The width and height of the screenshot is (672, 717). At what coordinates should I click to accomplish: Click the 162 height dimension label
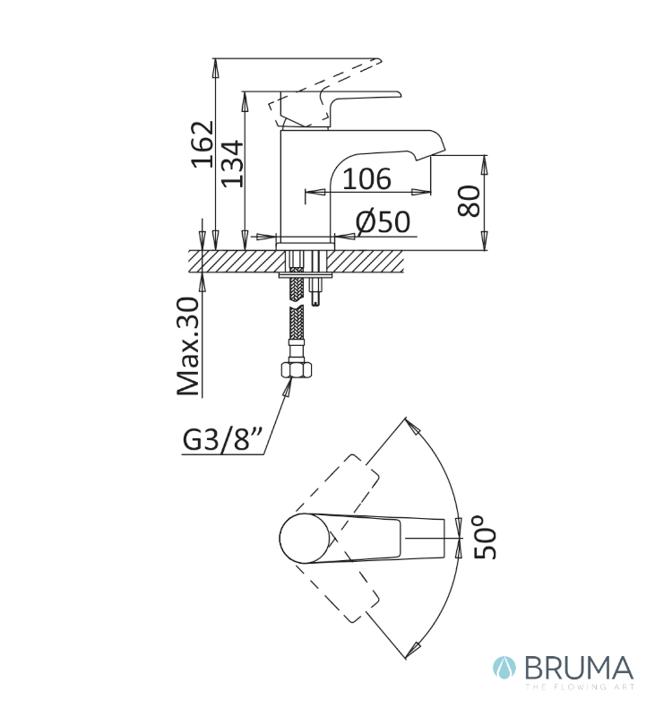tap(202, 144)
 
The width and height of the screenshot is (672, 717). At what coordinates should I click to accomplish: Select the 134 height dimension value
tap(232, 164)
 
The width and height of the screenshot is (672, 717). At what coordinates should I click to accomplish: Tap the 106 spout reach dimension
tap(366, 178)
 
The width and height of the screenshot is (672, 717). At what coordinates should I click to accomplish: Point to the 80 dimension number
tap(469, 201)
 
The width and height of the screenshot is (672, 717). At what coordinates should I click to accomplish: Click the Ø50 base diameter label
tap(383, 222)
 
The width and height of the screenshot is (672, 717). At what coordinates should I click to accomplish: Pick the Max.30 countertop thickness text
tap(188, 347)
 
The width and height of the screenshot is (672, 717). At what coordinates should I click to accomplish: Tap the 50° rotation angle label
tap(485, 538)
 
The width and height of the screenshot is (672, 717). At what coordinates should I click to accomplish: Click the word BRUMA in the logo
tap(579, 668)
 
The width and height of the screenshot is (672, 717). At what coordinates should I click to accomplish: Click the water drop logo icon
tap(504, 668)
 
